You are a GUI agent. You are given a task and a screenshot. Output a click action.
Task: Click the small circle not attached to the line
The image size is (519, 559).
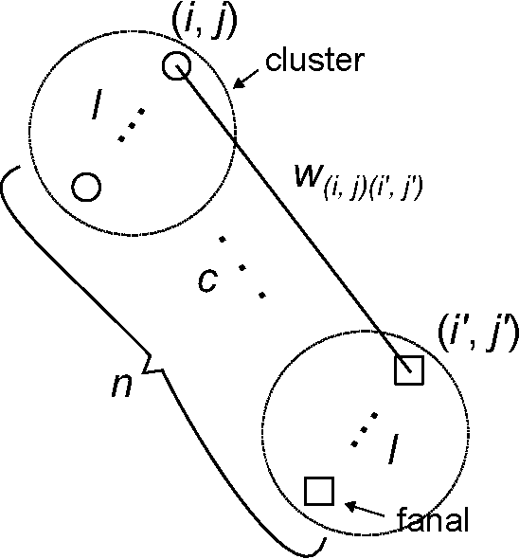(x=86, y=186)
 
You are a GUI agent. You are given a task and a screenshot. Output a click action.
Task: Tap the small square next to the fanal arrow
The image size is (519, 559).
(x=319, y=491)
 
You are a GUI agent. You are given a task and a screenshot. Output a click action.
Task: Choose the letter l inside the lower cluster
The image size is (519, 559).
(x=387, y=453)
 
